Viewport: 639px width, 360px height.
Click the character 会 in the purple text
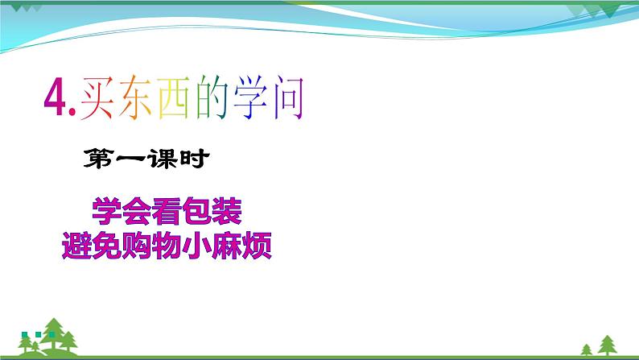137,212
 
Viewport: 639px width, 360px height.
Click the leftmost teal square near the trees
25,334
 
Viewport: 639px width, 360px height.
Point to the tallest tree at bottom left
55,335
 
